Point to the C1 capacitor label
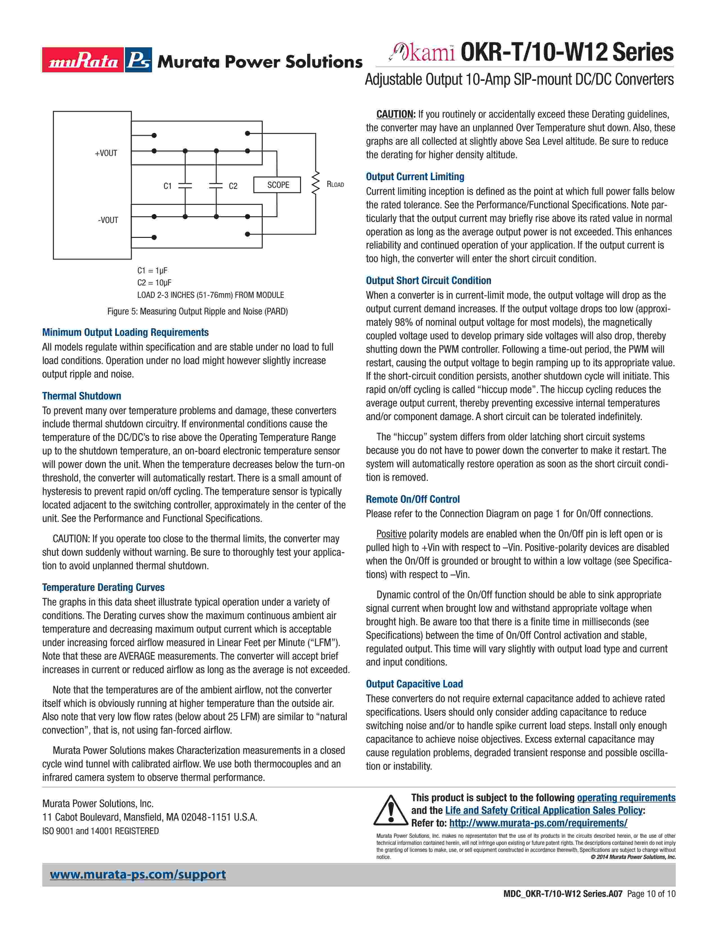(168, 186)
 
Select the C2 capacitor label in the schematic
(233, 186)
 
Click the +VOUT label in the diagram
(106, 153)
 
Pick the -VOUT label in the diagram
(108, 220)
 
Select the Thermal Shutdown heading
(82, 396)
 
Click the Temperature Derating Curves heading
(103, 588)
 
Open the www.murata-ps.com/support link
(138, 875)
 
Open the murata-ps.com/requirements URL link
(538, 823)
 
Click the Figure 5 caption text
(197, 311)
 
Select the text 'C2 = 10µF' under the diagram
(154, 282)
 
